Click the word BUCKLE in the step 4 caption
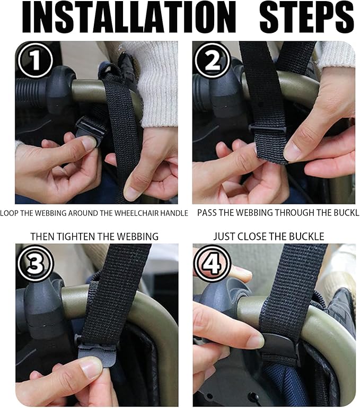pyautogui.click(x=305, y=236)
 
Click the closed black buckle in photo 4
pyautogui.click(x=279, y=348)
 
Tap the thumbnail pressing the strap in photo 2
pyautogui.click(x=292, y=151)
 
